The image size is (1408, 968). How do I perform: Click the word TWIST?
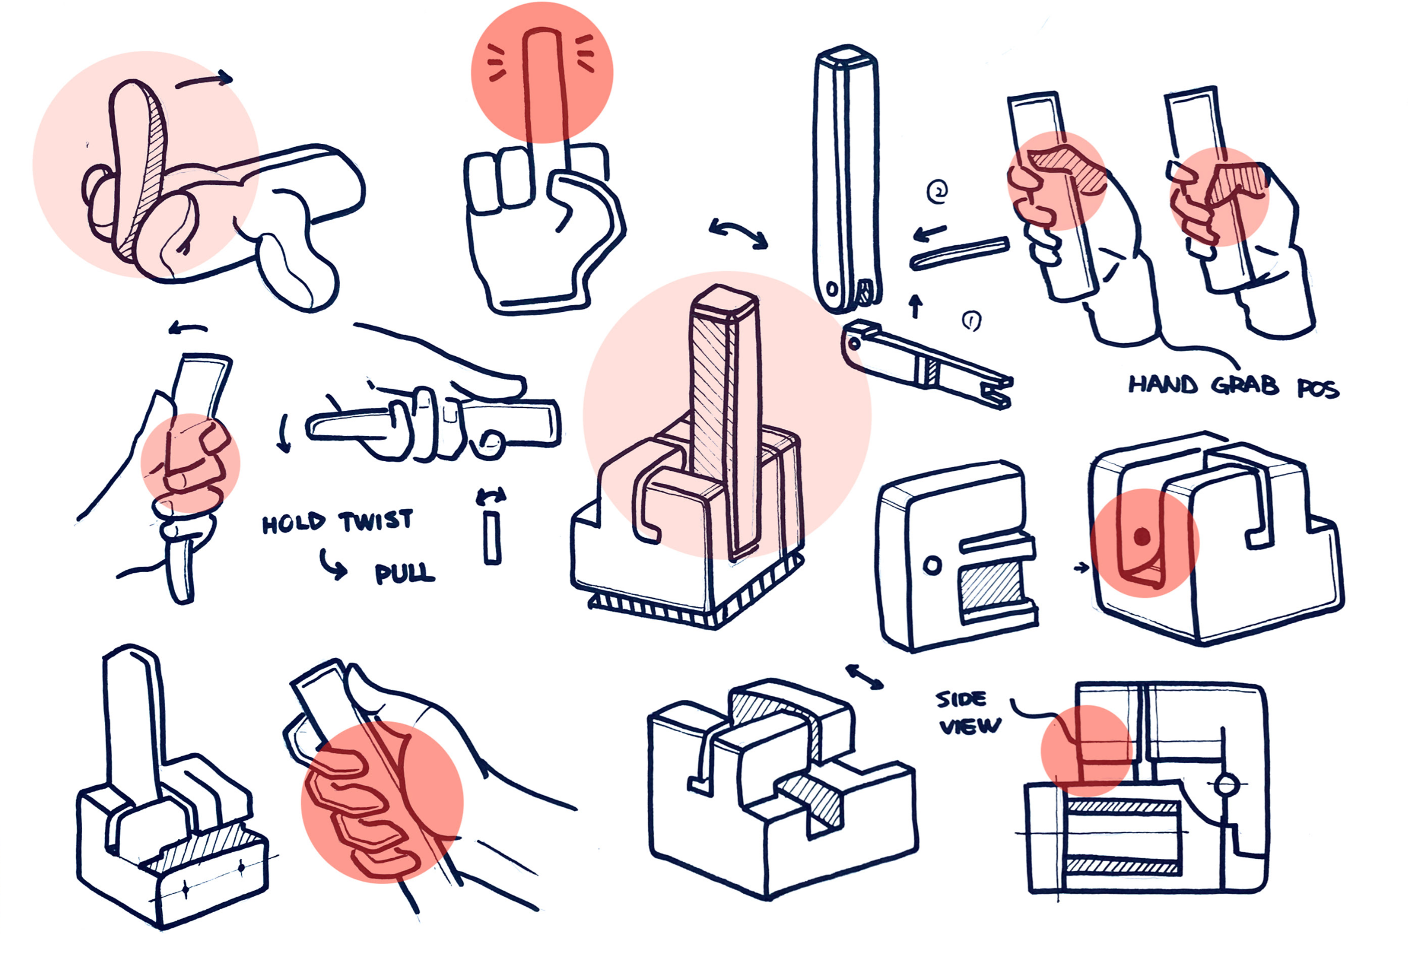[x=376, y=521]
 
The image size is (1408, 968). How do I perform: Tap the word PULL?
[x=404, y=573]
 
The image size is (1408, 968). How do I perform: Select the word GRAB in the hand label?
[x=1244, y=386]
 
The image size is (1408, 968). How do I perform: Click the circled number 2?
[x=937, y=193]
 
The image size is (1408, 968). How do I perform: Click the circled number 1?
[x=971, y=321]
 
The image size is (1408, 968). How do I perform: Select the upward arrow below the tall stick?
[x=916, y=306]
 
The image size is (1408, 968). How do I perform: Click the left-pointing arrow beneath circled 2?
[x=929, y=232]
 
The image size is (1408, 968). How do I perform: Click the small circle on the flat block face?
[x=932, y=566]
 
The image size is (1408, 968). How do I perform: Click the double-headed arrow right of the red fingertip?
[x=738, y=233]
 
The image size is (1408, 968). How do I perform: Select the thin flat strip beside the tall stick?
[x=959, y=253]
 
